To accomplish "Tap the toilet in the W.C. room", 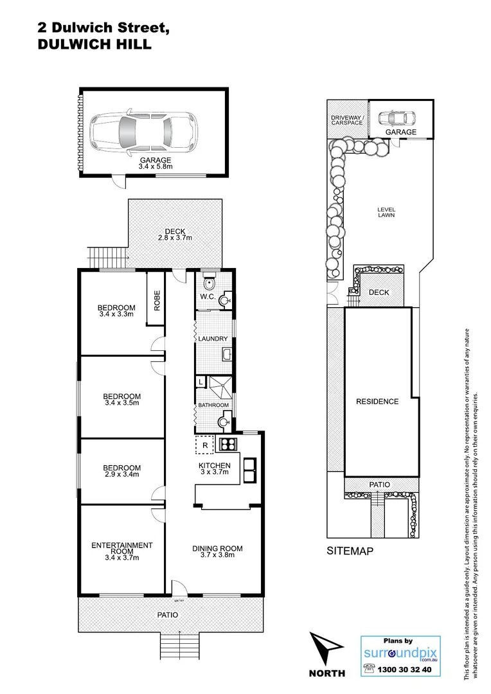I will point(207,285).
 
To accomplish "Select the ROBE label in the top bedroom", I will point(156,300).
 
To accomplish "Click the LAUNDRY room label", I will point(213,339).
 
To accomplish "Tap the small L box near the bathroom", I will point(201,382).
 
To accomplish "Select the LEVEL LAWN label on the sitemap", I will point(386,212).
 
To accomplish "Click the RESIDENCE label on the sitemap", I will point(377,402).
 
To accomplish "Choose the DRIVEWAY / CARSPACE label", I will point(347,120).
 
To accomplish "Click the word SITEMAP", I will point(350,551).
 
